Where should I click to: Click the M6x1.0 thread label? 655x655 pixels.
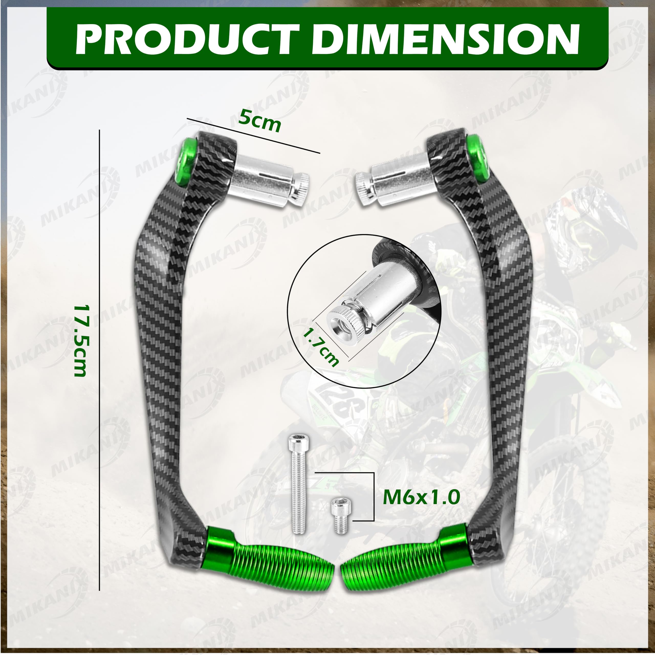point(421,497)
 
